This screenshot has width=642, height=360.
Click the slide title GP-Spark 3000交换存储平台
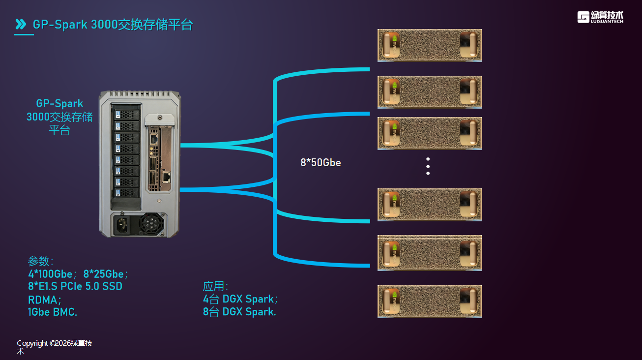(x=113, y=25)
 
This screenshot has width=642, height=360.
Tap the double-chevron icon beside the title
(x=21, y=24)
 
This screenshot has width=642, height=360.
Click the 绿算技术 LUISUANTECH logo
(x=600, y=17)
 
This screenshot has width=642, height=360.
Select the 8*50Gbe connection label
(x=321, y=162)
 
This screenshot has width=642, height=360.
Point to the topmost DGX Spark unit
(x=430, y=45)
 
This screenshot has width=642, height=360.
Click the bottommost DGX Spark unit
(x=430, y=301)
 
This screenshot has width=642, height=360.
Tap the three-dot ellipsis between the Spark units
(x=428, y=166)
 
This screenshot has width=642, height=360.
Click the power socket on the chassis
(x=123, y=226)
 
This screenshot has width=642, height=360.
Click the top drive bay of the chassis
(x=126, y=115)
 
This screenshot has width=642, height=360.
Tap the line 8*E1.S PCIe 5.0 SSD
(x=75, y=286)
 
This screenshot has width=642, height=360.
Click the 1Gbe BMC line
(x=53, y=312)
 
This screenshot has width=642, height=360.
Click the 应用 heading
(x=215, y=286)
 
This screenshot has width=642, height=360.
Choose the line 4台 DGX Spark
(x=240, y=299)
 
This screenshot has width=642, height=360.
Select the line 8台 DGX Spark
(x=239, y=312)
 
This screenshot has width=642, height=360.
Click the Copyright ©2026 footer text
(x=54, y=343)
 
